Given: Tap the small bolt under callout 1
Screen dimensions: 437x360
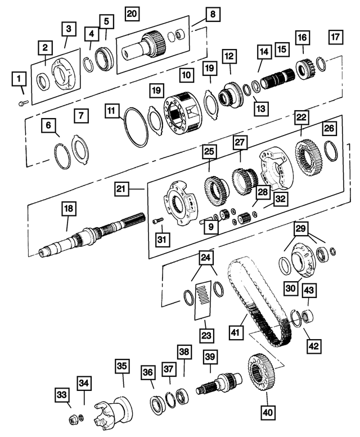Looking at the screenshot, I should pyautogui.click(x=22, y=102).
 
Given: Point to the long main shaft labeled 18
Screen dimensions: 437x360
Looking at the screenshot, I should pyautogui.click(x=84, y=237).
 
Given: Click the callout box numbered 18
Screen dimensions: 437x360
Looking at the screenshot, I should pyautogui.click(x=68, y=210).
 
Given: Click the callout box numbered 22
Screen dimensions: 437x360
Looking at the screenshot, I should pyautogui.click(x=301, y=117).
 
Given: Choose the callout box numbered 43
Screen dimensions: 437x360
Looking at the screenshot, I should pyautogui.click(x=309, y=290).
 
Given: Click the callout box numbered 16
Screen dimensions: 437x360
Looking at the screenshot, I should pyautogui.click(x=302, y=38).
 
